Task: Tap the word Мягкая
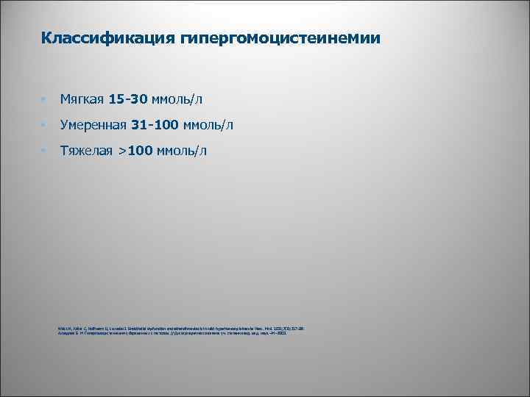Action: pos(82,98)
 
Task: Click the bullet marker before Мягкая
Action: pos(44,99)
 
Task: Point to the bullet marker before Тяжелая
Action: pos(44,151)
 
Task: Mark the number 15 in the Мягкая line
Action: pos(116,98)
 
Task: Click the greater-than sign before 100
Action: pos(122,151)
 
